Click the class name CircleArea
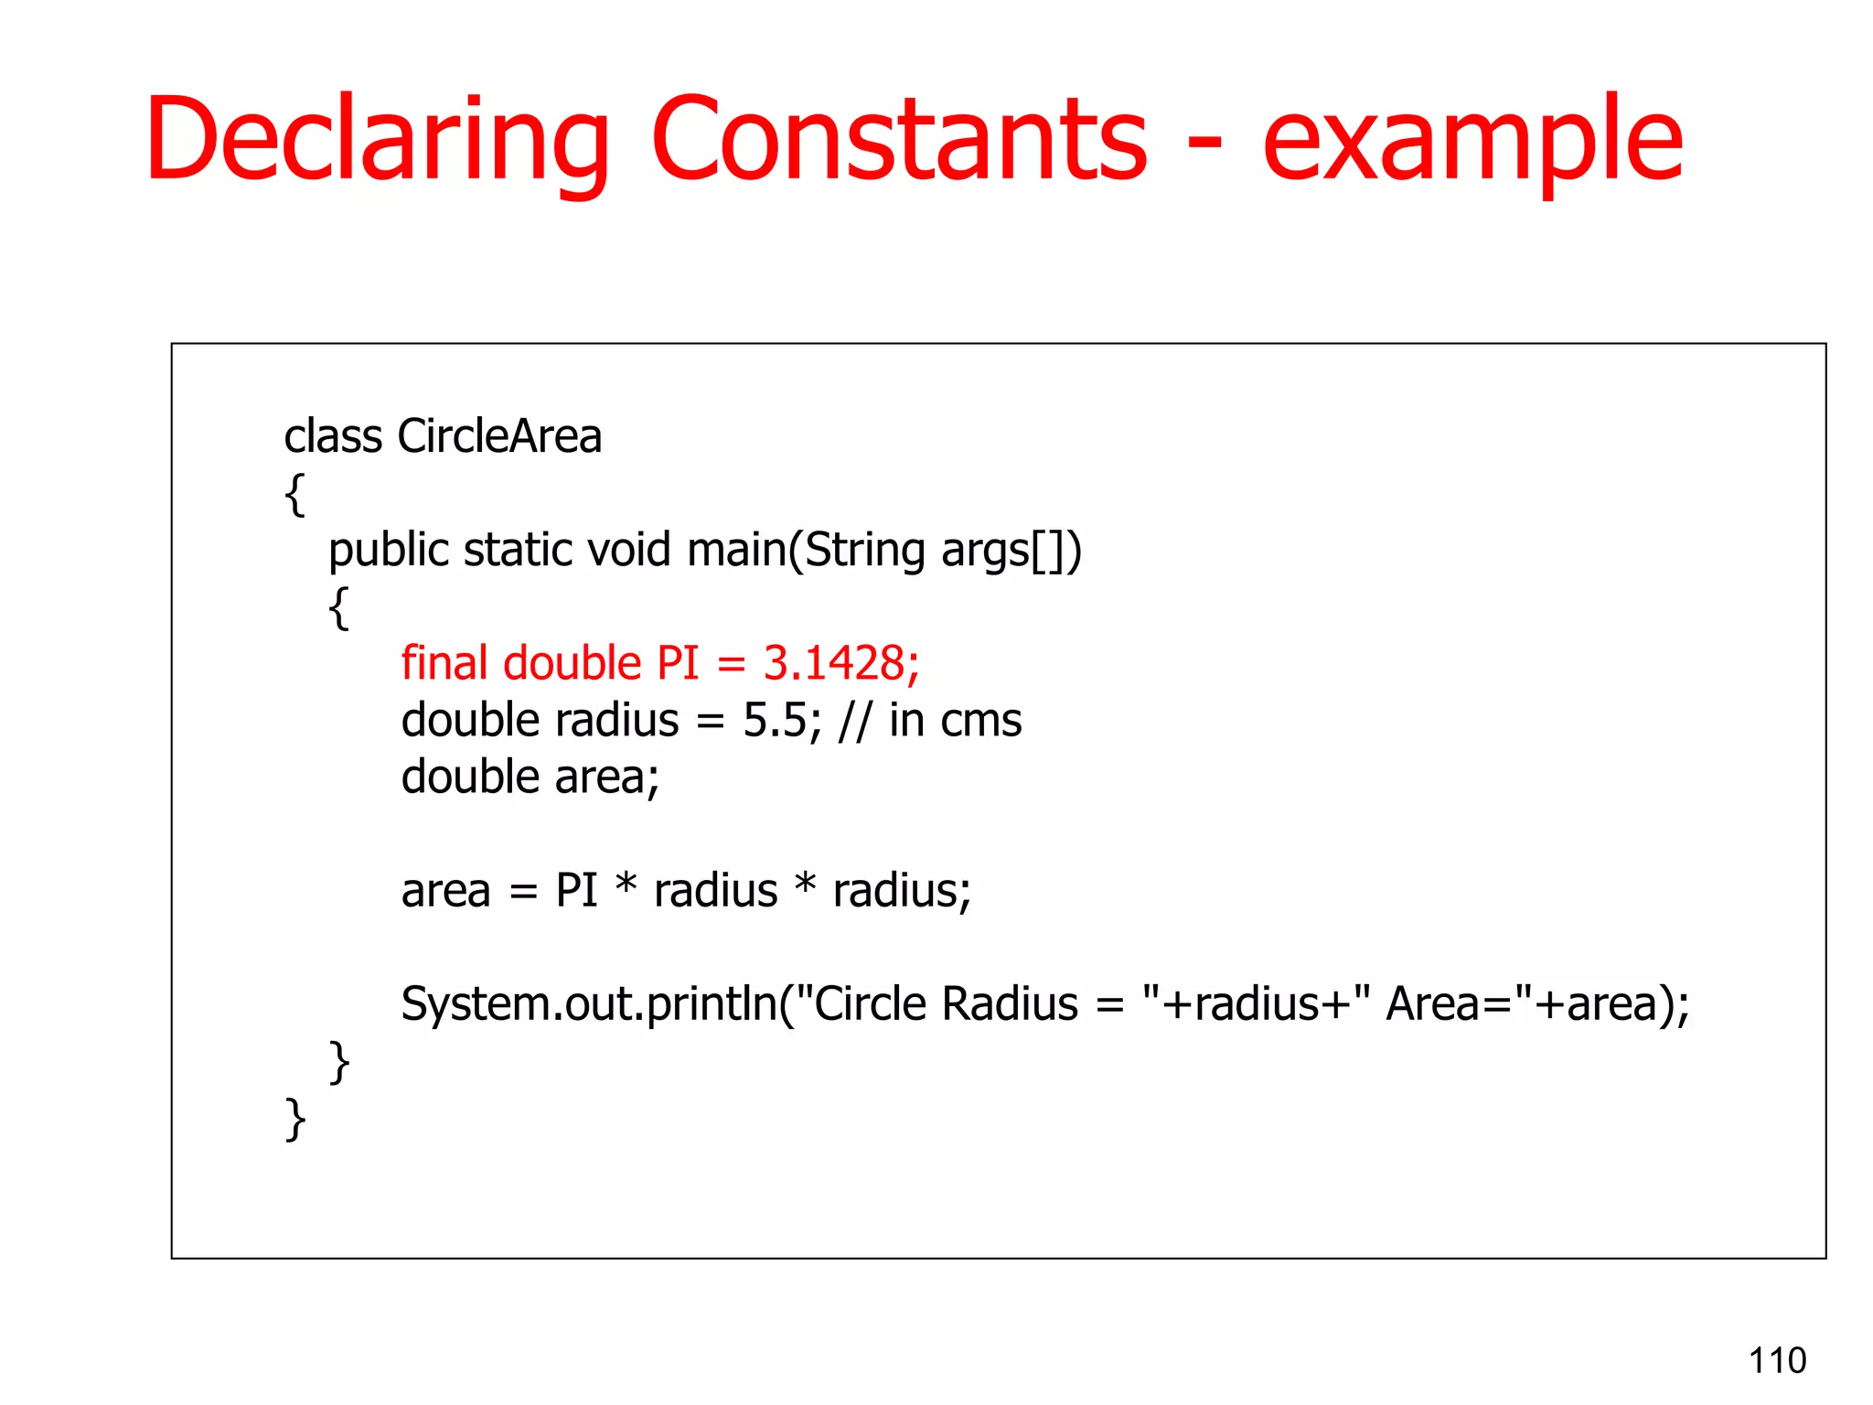click(x=499, y=435)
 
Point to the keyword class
click(x=333, y=435)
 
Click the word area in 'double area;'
click(x=604, y=778)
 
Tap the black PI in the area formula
click(x=576, y=890)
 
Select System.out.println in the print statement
click(x=588, y=1004)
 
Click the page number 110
click(x=1777, y=1360)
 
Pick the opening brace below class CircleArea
click(x=294, y=495)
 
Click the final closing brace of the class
click(x=294, y=1119)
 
